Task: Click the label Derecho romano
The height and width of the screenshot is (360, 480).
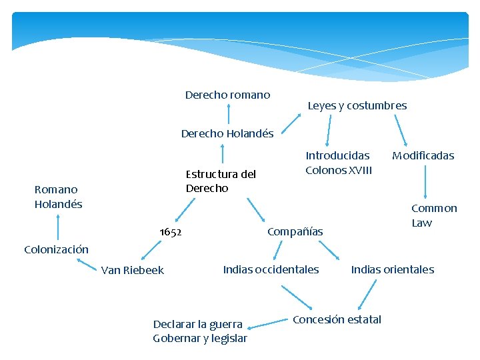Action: click(227, 95)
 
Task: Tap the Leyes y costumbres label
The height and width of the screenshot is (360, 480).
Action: click(357, 105)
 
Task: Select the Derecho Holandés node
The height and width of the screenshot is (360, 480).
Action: click(227, 133)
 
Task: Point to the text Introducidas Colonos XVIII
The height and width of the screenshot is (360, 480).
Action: click(339, 163)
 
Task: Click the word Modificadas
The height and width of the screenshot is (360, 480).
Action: click(423, 155)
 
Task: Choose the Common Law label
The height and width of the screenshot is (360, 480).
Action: click(434, 215)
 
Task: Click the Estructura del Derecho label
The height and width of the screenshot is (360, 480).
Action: click(221, 181)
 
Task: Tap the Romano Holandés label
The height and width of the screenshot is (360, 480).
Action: click(58, 197)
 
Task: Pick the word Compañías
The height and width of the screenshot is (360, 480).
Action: click(295, 231)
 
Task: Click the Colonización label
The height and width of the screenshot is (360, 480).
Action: click(56, 249)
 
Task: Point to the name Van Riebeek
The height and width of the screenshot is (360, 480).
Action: click(132, 270)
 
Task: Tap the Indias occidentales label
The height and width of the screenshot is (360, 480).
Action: click(271, 269)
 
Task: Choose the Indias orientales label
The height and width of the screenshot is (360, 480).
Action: click(392, 269)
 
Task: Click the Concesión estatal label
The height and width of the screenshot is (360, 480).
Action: click(337, 319)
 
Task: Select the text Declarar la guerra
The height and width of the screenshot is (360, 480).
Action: click(198, 324)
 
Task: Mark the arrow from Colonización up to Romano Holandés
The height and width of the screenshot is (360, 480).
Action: click(58, 227)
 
